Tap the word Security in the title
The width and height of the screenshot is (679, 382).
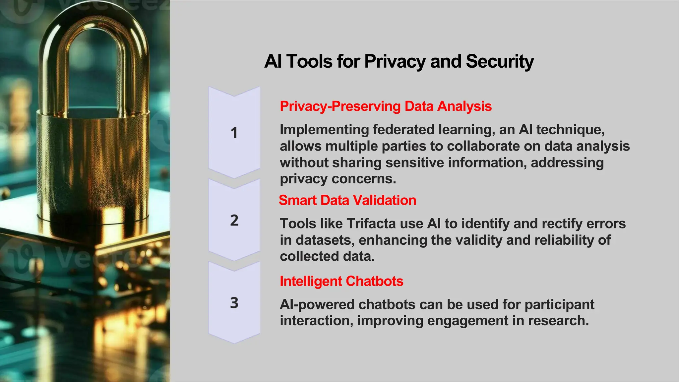[500, 62]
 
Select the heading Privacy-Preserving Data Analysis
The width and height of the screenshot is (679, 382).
[386, 106]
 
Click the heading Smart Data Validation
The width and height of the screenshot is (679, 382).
[347, 200]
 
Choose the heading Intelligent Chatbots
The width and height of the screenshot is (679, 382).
[341, 281]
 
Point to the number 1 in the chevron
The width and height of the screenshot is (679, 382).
[234, 133]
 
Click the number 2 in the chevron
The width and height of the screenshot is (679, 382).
[234, 221]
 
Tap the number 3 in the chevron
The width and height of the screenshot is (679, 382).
[234, 303]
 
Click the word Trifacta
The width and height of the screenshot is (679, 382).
[371, 224]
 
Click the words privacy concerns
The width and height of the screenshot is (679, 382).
[338, 179]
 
